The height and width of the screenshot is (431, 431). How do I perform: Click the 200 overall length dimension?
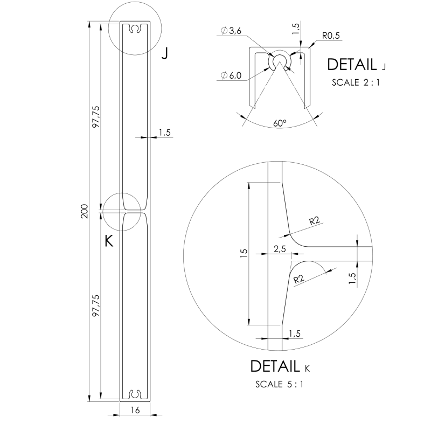tap(85, 211)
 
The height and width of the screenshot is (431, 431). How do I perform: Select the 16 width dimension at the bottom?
tap(135, 410)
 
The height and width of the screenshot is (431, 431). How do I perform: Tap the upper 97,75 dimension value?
tap(96, 116)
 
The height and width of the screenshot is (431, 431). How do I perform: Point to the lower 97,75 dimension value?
tap(96, 305)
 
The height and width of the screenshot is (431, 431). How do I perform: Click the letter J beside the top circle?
tap(165, 53)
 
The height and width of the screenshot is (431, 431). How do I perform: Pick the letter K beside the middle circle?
tap(109, 241)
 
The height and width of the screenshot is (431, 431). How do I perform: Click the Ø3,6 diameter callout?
tap(231, 31)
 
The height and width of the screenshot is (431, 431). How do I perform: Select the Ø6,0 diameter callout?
tap(231, 75)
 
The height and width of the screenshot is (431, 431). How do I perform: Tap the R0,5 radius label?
tap(331, 36)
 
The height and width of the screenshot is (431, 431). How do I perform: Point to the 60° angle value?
tap(280, 123)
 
